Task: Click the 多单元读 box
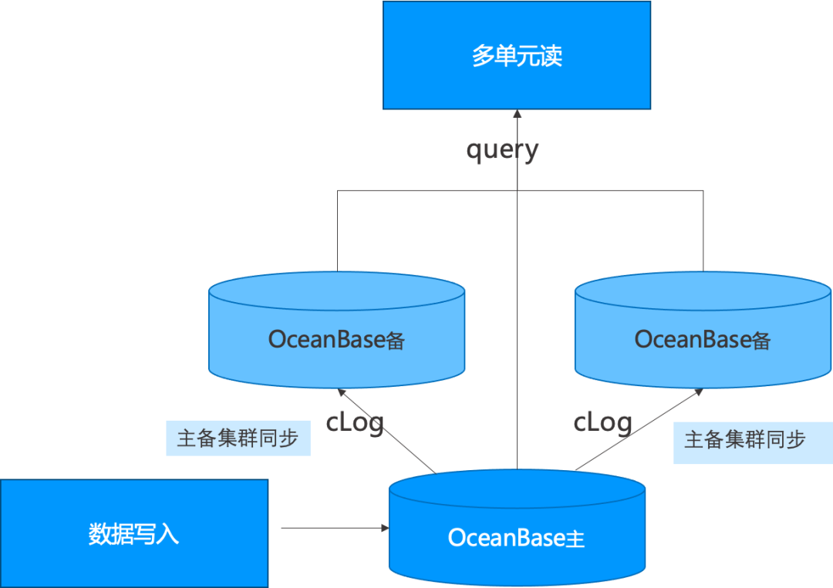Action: pos(517,55)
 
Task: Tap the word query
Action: pos(502,150)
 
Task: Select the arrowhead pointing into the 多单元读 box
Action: pos(518,114)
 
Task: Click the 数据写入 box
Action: pos(134,533)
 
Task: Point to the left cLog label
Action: pos(355,422)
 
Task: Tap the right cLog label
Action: pos(602,422)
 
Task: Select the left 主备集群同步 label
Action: pos(238,438)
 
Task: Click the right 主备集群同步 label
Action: pos(745,440)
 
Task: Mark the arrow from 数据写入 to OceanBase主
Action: pos(332,528)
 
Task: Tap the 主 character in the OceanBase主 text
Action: pos(575,539)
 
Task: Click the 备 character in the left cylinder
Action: pos(396,341)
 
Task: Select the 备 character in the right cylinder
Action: pos(761,341)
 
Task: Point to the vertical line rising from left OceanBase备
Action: pos(338,231)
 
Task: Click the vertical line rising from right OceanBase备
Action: pos(703,231)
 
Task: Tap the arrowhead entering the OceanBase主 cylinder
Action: pos(385,528)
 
